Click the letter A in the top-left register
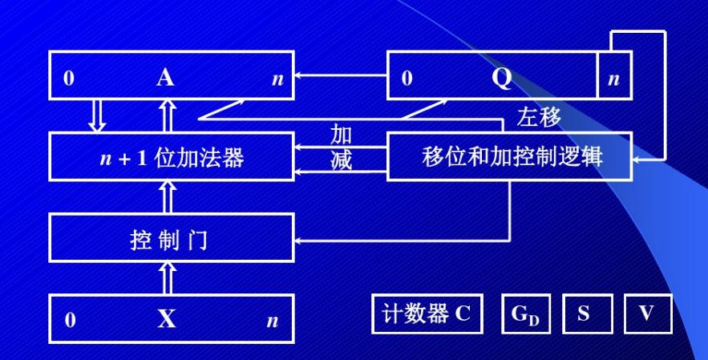(x=165, y=77)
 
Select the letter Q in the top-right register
(x=502, y=79)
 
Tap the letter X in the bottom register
(x=167, y=319)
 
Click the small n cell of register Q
(x=614, y=75)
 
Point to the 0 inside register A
(x=69, y=78)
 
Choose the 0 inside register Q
(x=407, y=78)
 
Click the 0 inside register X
(x=70, y=320)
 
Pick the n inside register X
(x=273, y=322)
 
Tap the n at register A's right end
(x=277, y=79)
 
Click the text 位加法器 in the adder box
(x=199, y=158)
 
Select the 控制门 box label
(x=168, y=240)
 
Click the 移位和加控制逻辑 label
(x=512, y=156)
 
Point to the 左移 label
(x=539, y=116)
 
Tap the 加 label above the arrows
(x=341, y=134)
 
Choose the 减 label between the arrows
(x=341, y=160)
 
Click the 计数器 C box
(x=427, y=313)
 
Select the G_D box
(x=526, y=313)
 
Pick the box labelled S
(x=588, y=313)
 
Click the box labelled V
(x=649, y=313)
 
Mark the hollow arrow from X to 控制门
(x=168, y=277)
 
